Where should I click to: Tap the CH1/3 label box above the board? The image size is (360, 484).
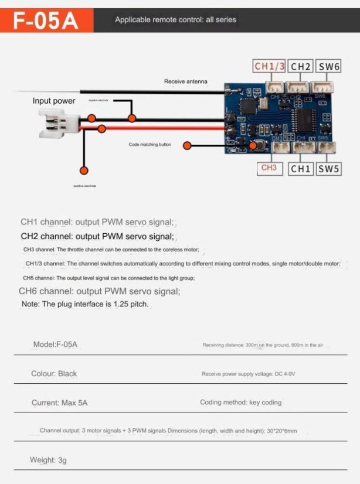click(269, 66)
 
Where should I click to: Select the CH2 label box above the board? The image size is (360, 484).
click(301, 66)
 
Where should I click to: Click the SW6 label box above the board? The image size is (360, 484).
click(329, 66)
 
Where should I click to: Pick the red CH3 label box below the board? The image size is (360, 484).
click(269, 168)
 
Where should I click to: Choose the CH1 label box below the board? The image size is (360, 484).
click(301, 169)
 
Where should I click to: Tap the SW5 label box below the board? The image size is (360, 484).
click(329, 169)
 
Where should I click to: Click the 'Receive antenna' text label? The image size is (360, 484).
click(185, 81)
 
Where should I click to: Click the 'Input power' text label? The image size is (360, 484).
click(54, 101)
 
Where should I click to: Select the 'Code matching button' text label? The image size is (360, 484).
click(150, 145)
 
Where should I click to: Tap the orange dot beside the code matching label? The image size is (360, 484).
click(188, 145)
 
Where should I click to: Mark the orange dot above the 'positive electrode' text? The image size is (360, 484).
click(84, 171)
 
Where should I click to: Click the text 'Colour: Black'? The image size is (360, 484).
click(54, 373)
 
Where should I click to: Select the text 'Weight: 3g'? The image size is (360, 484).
click(48, 460)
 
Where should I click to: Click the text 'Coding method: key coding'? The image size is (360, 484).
click(240, 403)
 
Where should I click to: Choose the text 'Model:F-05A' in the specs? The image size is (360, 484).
click(55, 345)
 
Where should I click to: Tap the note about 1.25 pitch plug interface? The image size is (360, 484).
click(85, 305)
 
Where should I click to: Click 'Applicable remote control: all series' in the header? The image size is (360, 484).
click(175, 20)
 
